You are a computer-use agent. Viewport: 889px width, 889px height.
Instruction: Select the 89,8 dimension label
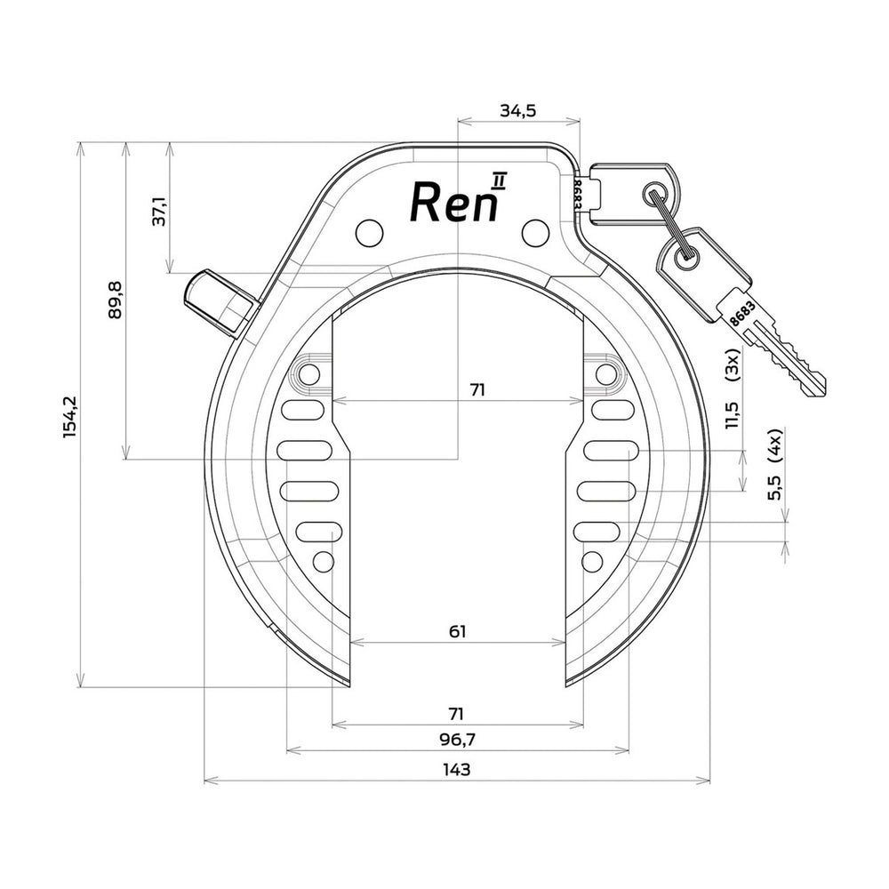tap(115, 300)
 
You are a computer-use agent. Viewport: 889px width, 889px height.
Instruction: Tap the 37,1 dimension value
tap(159, 212)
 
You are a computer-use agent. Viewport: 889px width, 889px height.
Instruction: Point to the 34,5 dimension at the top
tap(517, 110)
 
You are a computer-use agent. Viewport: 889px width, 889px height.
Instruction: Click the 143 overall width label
tap(457, 769)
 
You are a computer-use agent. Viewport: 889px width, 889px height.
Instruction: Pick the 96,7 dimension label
tap(457, 740)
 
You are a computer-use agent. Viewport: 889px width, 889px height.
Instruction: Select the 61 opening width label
tap(457, 631)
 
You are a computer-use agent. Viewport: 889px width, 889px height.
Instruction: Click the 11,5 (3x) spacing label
tap(733, 389)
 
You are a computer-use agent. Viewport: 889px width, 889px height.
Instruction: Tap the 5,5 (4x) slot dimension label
tap(774, 464)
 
